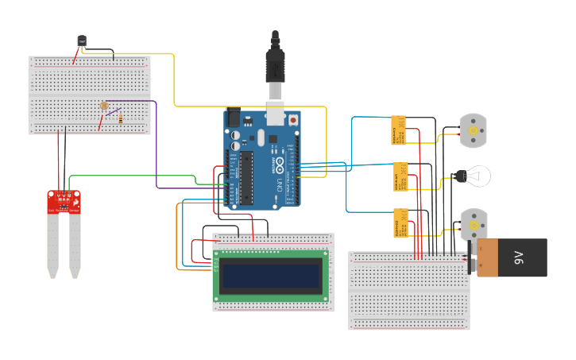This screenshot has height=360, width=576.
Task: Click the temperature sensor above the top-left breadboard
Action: click(x=82, y=41)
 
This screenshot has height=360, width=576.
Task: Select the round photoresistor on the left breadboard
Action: click(x=103, y=106)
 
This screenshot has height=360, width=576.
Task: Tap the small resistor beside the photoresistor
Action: click(x=120, y=118)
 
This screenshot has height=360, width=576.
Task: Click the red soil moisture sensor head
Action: click(x=64, y=202)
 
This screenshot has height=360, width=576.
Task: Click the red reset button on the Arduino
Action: click(x=293, y=120)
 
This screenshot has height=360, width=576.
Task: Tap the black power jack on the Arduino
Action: click(x=233, y=118)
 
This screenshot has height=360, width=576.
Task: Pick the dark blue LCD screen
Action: click(x=270, y=276)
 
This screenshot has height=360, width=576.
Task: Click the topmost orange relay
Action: click(x=399, y=130)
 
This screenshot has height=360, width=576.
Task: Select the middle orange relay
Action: click(x=400, y=176)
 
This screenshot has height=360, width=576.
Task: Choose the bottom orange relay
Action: click(x=400, y=223)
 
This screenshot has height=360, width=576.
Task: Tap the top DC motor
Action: click(x=474, y=130)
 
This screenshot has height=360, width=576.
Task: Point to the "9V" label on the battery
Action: click(x=519, y=257)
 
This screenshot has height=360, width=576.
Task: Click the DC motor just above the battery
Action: click(x=474, y=223)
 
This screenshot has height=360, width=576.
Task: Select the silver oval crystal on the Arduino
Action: click(x=236, y=146)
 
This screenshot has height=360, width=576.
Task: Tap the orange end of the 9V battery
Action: click(x=485, y=257)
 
